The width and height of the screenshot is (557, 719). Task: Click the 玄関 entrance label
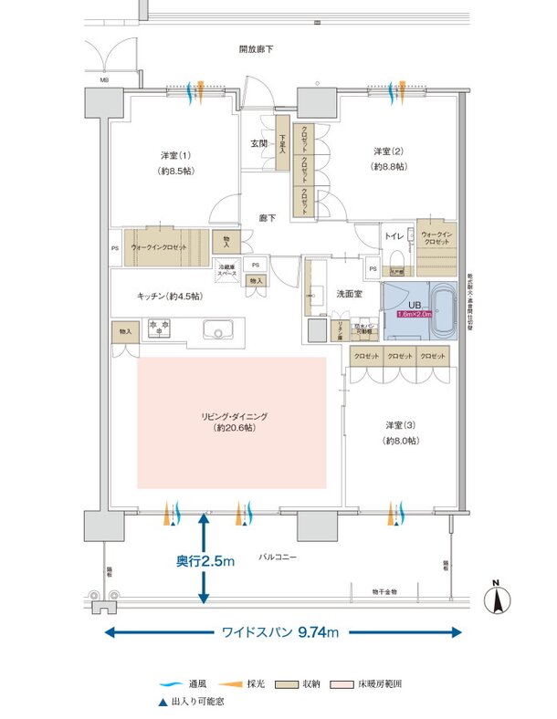(259, 143)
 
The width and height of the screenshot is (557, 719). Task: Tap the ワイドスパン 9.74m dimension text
(280, 631)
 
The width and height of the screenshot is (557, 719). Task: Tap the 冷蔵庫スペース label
(226, 269)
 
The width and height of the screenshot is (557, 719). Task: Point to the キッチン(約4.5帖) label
(169, 297)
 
